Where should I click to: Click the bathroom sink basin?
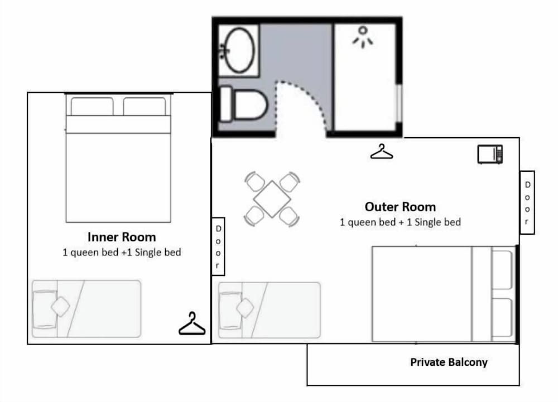pyautogui.click(x=240, y=50)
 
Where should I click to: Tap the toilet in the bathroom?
pyautogui.click(x=243, y=104)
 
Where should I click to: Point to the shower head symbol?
pyautogui.click(x=363, y=37)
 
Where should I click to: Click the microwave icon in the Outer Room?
pyautogui.click(x=490, y=154)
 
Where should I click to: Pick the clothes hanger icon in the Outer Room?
pyautogui.click(x=382, y=152)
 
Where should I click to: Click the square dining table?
pyautogui.click(x=272, y=198)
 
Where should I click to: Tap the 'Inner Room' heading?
pyautogui.click(x=122, y=237)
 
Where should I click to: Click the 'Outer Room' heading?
pyautogui.click(x=400, y=207)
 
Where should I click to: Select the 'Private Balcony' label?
pyautogui.click(x=449, y=362)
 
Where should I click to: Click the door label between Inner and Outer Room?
pyautogui.click(x=218, y=246)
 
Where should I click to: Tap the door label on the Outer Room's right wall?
pyautogui.click(x=527, y=202)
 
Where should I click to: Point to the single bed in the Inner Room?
pyautogui.click(x=86, y=308)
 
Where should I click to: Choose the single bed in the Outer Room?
pyautogui.click(x=270, y=310)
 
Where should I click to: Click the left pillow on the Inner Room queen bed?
pyautogui.click(x=92, y=106)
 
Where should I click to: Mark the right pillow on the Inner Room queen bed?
pyautogui.click(x=145, y=106)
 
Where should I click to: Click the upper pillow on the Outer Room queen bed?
pyautogui.click(x=502, y=269)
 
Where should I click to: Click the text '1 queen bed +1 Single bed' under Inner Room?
pyautogui.click(x=122, y=253)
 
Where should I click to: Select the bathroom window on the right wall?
pyautogui.click(x=400, y=103)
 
